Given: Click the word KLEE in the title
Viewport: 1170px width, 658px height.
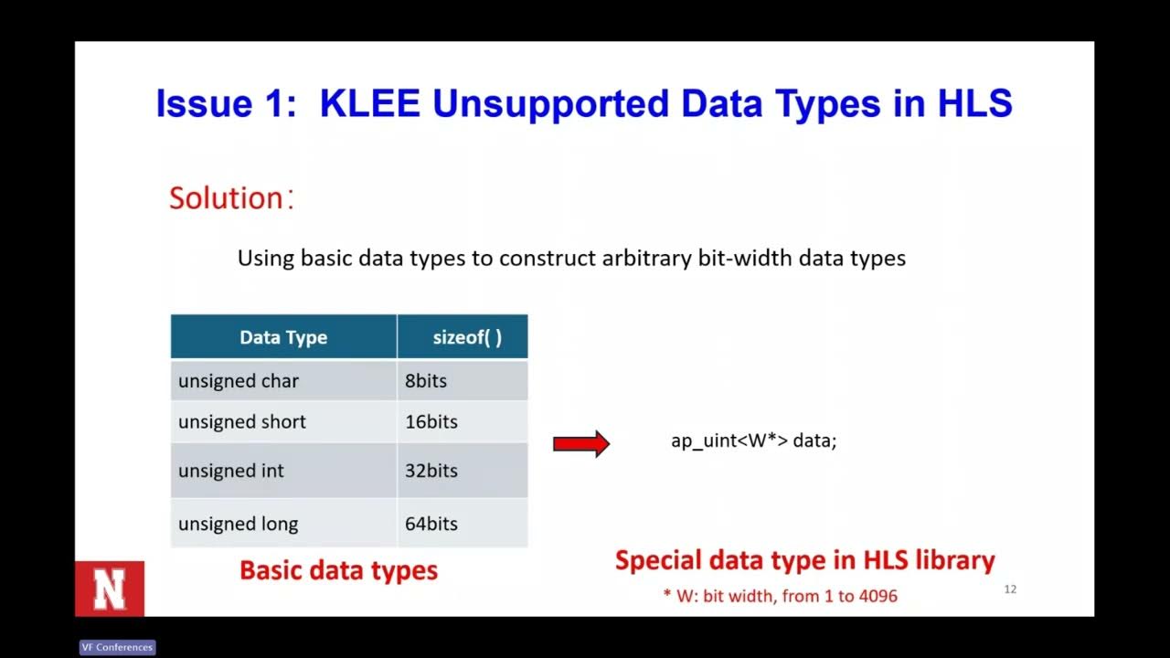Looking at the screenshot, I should [x=369, y=104].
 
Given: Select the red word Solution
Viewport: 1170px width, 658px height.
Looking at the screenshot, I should [x=227, y=198].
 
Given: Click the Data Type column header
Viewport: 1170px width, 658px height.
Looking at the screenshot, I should [x=283, y=337].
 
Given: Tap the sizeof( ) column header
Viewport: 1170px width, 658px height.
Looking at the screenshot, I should [x=466, y=337].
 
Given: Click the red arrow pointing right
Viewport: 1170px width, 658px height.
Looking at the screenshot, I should [x=581, y=444].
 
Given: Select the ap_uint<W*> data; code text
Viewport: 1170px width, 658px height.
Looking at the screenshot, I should [x=753, y=440].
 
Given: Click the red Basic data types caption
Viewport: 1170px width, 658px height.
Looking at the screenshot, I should [x=338, y=570].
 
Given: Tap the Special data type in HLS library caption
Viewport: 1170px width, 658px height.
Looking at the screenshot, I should [x=804, y=560].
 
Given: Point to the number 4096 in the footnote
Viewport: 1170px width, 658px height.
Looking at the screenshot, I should [x=877, y=597].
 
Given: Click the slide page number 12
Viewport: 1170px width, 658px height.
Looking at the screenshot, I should [x=1010, y=589].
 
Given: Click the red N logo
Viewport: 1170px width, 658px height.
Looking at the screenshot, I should [x=110, y=589].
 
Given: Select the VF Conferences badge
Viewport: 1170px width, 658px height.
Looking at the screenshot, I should [x=117, y=647].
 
